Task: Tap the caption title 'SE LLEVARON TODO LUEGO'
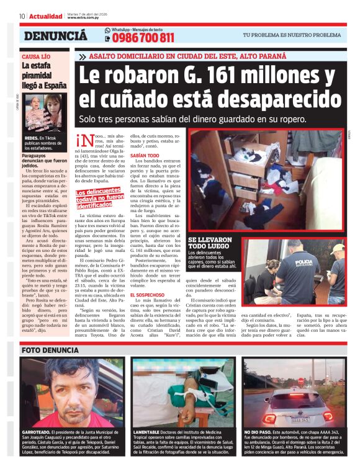(x=210, y=243)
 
